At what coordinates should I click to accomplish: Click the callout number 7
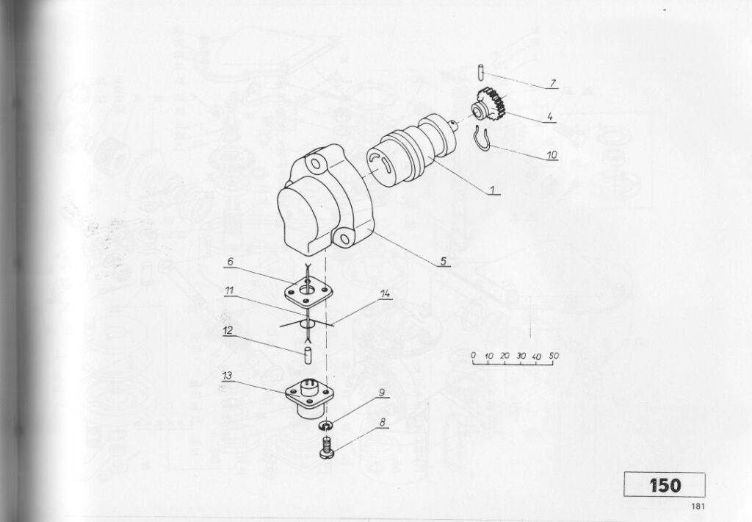tap(552, 83)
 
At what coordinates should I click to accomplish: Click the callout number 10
tap(552, 155)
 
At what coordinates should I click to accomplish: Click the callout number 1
tap(492, 190)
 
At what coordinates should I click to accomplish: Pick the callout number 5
tap(444, 261)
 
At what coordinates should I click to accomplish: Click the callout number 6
tap(231, 262)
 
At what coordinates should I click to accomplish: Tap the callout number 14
tap(386, 294)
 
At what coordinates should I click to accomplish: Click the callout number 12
tap(228, 330)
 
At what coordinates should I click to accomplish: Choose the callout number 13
tap(228, 375)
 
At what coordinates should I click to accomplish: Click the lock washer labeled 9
tap(327, 426)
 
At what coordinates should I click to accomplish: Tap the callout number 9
tap(382, 393)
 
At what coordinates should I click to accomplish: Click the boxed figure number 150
tap(665, 485)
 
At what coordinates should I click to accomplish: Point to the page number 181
tap(698, 506)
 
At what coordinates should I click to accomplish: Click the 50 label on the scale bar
tap(554, 357)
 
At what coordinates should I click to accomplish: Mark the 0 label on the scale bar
tap(474, 355)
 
